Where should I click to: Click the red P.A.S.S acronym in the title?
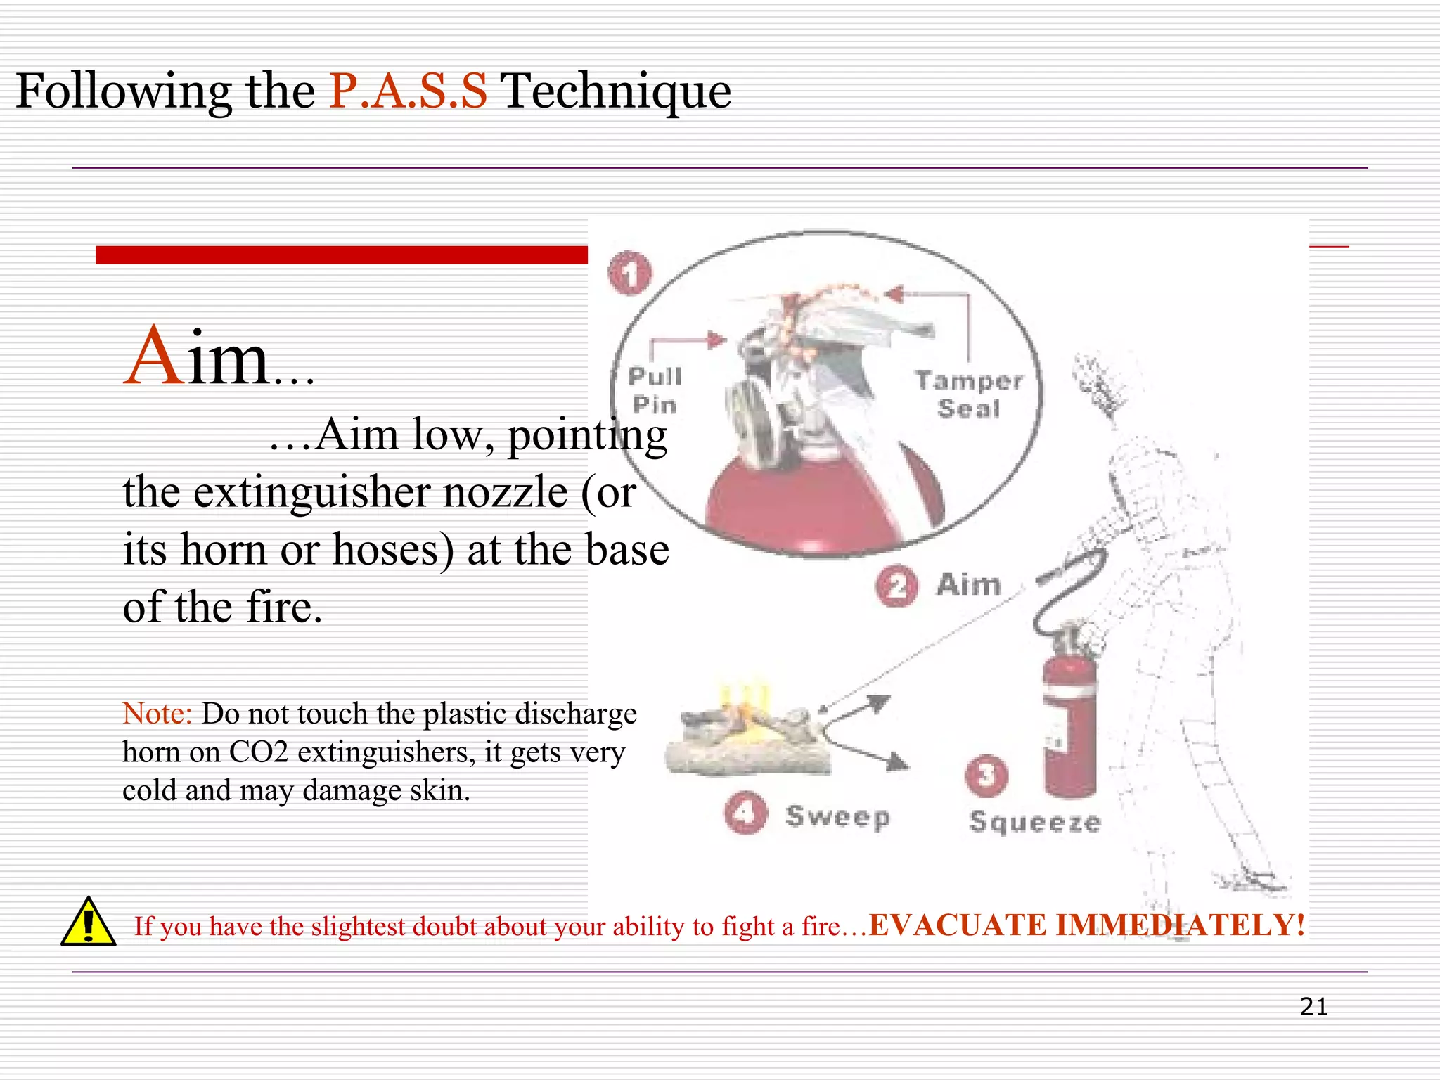tap(408, 91)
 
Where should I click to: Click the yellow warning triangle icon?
tap(88, 922)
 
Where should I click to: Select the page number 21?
tap(1313, 1007)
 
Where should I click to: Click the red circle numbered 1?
tap(630, 273)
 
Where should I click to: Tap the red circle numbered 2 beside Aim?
tap(896, 586)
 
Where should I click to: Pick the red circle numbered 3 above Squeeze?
tap(986, 776)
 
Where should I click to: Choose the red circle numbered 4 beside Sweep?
tap(745, 813)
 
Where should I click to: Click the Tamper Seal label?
tap(969, 394)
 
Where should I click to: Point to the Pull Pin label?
tap(655, 390)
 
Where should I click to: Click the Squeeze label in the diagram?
tap(1034, 822)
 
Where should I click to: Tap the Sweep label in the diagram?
tap(837, 816)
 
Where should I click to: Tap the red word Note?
tap(157, 714)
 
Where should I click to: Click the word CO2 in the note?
tap(258, 752)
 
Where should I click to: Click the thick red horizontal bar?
tap(342, 255)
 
